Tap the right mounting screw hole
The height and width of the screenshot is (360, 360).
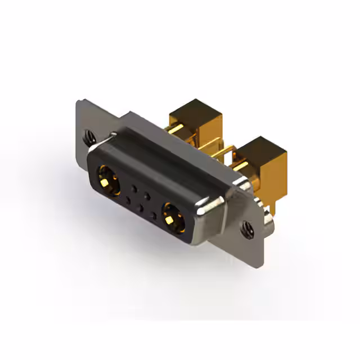click(246, 228)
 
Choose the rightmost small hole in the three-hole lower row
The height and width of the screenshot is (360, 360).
click(153, 215)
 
